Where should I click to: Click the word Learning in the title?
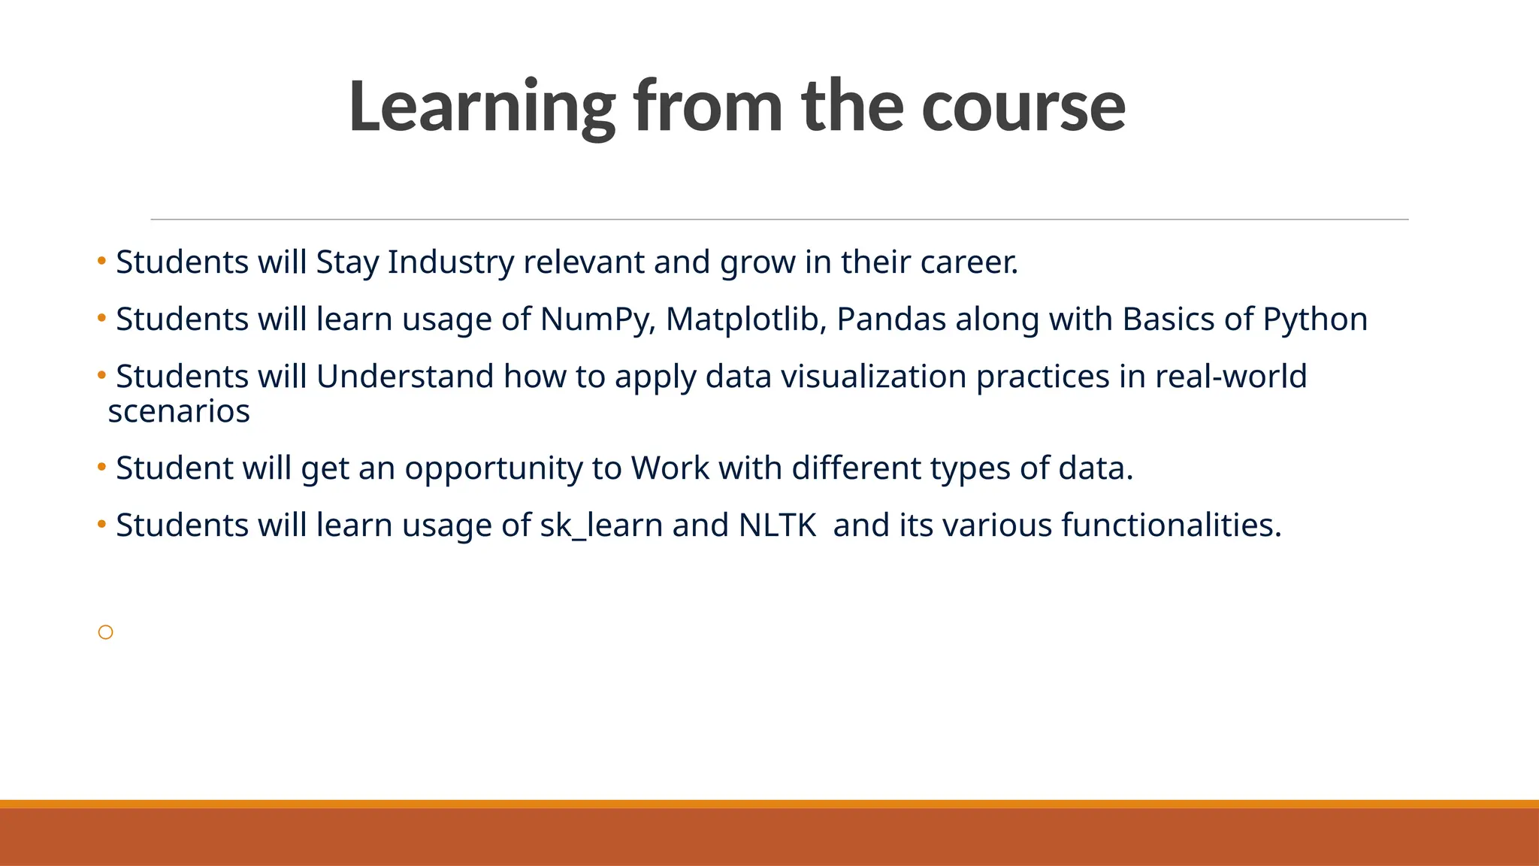point(481,107)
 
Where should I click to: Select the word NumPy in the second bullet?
point(598,319)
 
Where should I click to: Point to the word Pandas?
point(890,319)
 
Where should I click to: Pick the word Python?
point(1314,319)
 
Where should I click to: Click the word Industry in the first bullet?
point(450,262)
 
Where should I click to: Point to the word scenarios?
point(179,412)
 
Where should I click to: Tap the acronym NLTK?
point(777,525)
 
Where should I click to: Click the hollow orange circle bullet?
point(106,632)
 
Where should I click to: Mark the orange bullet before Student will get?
point(101,467)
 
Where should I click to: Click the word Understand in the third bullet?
point(404,377)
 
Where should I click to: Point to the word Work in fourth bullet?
point(670,468)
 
